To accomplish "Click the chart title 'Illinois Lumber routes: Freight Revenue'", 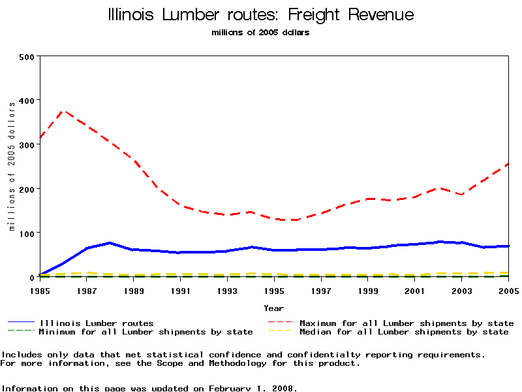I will tap(260, 15).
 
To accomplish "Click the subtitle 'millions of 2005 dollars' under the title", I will tap(260, 33).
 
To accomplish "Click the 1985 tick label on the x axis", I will tap(40, 289).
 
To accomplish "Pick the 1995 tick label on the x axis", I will tap(274, 289).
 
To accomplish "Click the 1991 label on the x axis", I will tap(181, 289).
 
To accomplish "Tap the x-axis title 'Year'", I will tap(274, 308).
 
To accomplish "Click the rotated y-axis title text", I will tap(11, 166).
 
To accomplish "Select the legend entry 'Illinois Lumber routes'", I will tap(97, 323).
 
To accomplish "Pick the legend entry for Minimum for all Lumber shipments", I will tap(146, 332).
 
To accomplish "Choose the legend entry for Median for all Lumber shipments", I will tap(403, 332).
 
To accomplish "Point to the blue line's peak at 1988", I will tap(110, 243).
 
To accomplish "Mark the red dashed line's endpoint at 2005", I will tap(508, 164).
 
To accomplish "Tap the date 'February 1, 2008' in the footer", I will tap(253, 388).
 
